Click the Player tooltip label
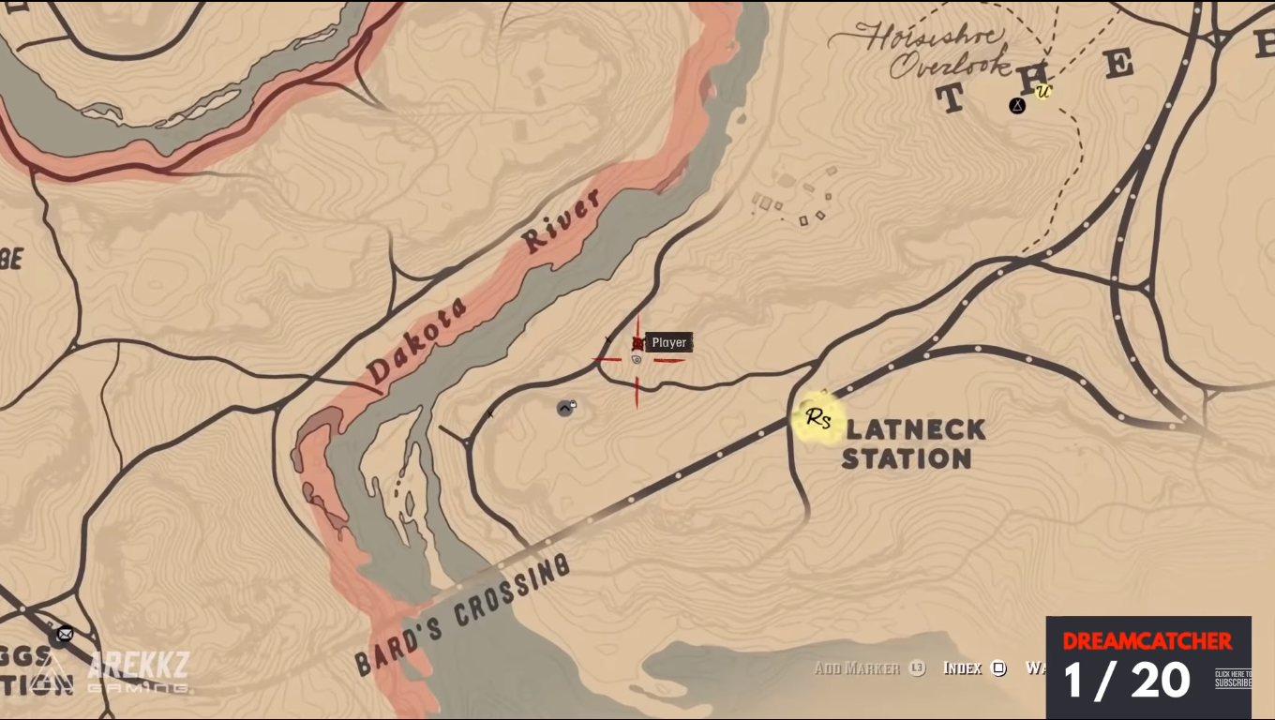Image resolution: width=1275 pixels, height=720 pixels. coord(668,342)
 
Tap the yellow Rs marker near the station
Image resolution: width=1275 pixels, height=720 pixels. coord(818,418)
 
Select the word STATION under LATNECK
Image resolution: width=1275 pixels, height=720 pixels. coord(906,458)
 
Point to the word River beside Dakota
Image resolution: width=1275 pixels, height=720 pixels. coord(561,222)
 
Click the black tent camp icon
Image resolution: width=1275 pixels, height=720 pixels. coord(1017,106)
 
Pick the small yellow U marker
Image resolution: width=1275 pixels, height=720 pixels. coord(1042,91)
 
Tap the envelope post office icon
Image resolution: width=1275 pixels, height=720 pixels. coord(64,635)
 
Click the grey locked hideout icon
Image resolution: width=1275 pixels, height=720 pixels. coord(565,408)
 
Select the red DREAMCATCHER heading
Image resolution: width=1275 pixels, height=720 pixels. coord(1147,641)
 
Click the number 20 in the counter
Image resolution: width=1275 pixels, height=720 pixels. coord(1160,681)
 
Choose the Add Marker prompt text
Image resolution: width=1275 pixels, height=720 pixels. coord(857,668)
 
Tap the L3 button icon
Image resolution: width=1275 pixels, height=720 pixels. coord(917,668)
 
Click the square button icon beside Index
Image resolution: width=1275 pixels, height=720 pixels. coord(999,668)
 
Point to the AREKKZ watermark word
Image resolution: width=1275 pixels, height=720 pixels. coord(138,666)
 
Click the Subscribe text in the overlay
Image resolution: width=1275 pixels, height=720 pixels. coord(1232,682)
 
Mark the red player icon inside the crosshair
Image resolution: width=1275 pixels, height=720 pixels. coord(638,344)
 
